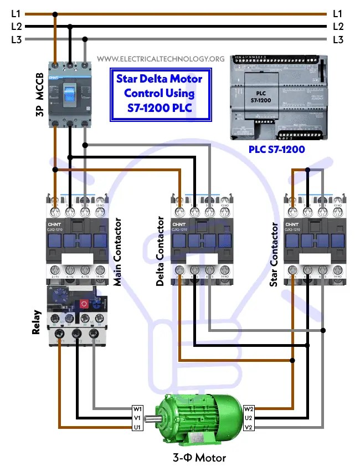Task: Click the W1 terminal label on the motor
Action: pyautogui.click(x=137, y=409)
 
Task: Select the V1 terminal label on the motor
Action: pyautogui.click(x=137, y=418)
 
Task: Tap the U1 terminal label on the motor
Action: pyautogui.click(x=137, y=427)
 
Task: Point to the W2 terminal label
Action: pyautogui.click(x=249, y=409)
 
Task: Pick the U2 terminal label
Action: pyautogui.click(x=249, y=418)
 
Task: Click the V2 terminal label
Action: pyautogui.click(x=249, y=427)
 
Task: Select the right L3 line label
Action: pyautogui.click(x=338, y=39)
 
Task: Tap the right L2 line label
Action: pyautogui.click(x=338, y=26)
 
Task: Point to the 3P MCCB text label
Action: pyautogui.click(x=39, y=94)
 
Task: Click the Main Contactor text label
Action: pyautogui.click(x=117, y=252)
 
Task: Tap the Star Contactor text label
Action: pyautogui.click(x=274, y=255)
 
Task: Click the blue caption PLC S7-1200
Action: pyautogui.click(x=276, y=149)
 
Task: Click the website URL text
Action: pyautogui.click(x=161, y=59)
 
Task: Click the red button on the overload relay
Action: pyautogui.click(x=84, y=304)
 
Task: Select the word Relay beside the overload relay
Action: pyautogui.click(x=37, y=322)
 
